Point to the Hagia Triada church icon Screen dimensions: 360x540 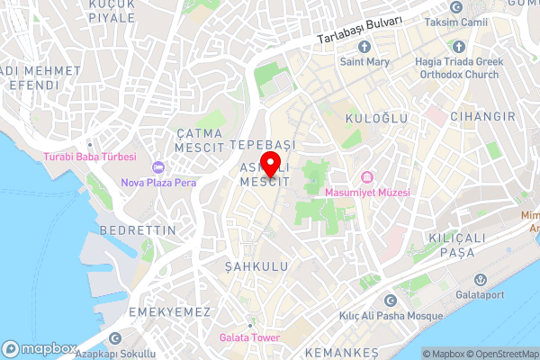pos(458,46)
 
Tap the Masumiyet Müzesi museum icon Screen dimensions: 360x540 pos(367,178)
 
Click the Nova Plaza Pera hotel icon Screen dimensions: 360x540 pos(158,167)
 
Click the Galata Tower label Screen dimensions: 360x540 pos(249,338)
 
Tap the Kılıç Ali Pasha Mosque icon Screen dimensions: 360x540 pos(389,301)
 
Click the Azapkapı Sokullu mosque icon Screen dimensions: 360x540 pos(114,338)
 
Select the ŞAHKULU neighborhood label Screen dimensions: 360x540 pos(257,267)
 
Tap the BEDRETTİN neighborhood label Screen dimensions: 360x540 pos(138,230)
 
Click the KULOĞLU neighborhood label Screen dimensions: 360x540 pos(376,118)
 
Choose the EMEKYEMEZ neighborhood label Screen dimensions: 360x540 pos(169,311)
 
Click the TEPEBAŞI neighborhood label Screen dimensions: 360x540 pos(262,144)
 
